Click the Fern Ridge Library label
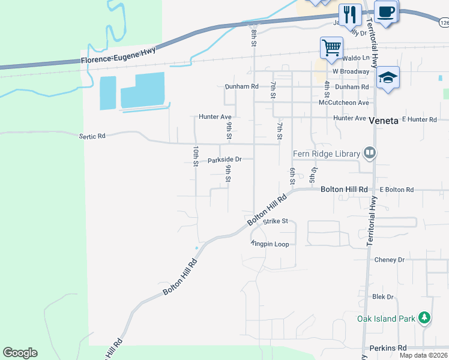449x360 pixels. coord(327,154)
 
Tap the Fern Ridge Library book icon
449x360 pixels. coord(369,154)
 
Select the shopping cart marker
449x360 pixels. coord(331,47)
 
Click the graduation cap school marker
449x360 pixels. coord(388,77)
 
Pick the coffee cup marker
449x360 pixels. coord(385,11)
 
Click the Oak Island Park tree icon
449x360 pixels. coord(424,317)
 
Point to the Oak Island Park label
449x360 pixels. coord(385,319)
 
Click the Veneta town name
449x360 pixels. coord(384,120)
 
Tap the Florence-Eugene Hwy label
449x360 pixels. coord(119,56)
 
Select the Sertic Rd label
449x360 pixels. coord(92,136)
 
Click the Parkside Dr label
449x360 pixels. coord(224,160)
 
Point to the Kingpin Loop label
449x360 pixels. coord(270,244)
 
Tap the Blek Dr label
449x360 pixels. coord(382,297)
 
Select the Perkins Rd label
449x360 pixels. coord(388,348)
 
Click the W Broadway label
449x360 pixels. coord(351,71)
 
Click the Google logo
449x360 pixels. coord(20,353)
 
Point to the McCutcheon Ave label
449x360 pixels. coord(344,103)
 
